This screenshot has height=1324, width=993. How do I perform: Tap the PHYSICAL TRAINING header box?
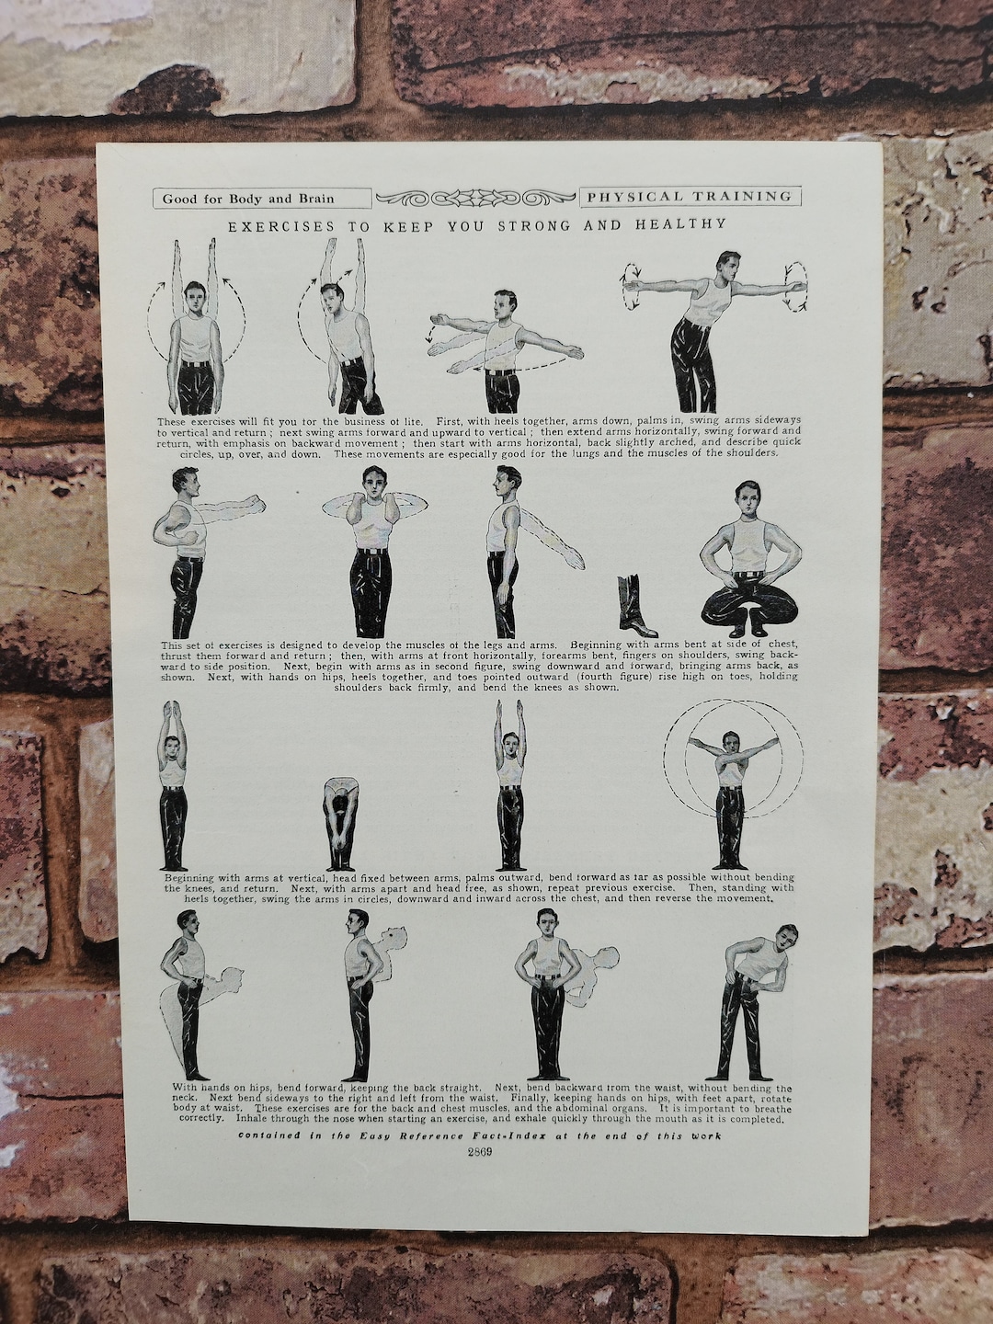point(690,196)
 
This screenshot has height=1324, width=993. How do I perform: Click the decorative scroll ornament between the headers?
point(475,198)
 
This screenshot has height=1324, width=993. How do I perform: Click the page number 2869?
point(478,1156)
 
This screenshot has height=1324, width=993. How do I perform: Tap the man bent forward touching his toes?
point(341,823)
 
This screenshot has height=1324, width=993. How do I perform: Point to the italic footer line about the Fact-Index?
point(478,1136)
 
